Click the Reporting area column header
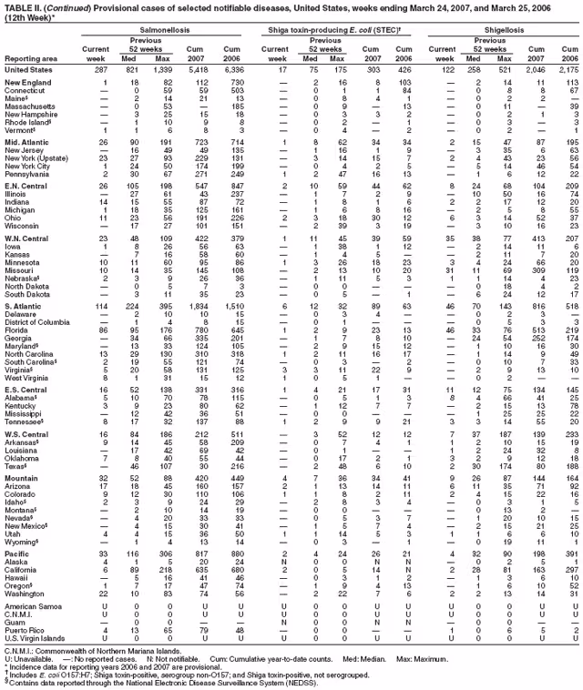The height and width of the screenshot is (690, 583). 32,56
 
